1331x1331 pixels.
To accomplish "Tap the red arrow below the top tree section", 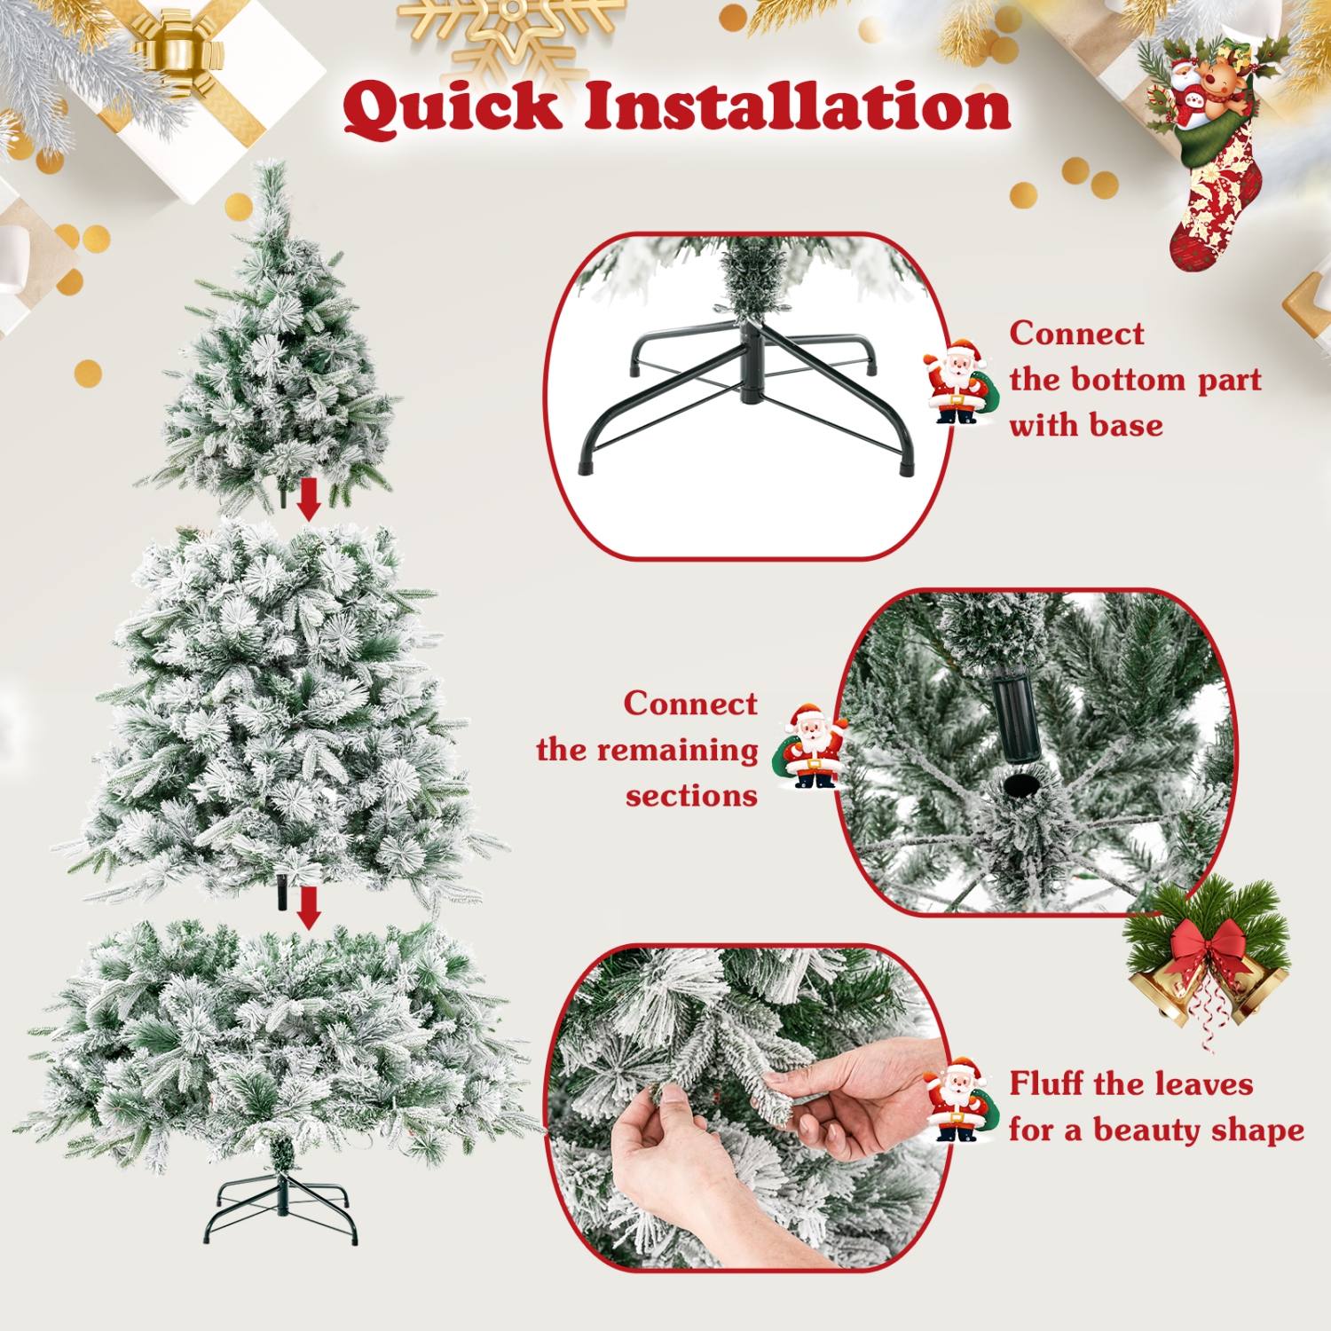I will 309,499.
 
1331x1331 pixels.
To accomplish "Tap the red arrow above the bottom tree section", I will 309,907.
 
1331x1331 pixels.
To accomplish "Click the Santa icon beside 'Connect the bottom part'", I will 957,382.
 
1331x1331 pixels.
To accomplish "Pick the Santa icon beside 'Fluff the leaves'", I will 957,1100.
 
